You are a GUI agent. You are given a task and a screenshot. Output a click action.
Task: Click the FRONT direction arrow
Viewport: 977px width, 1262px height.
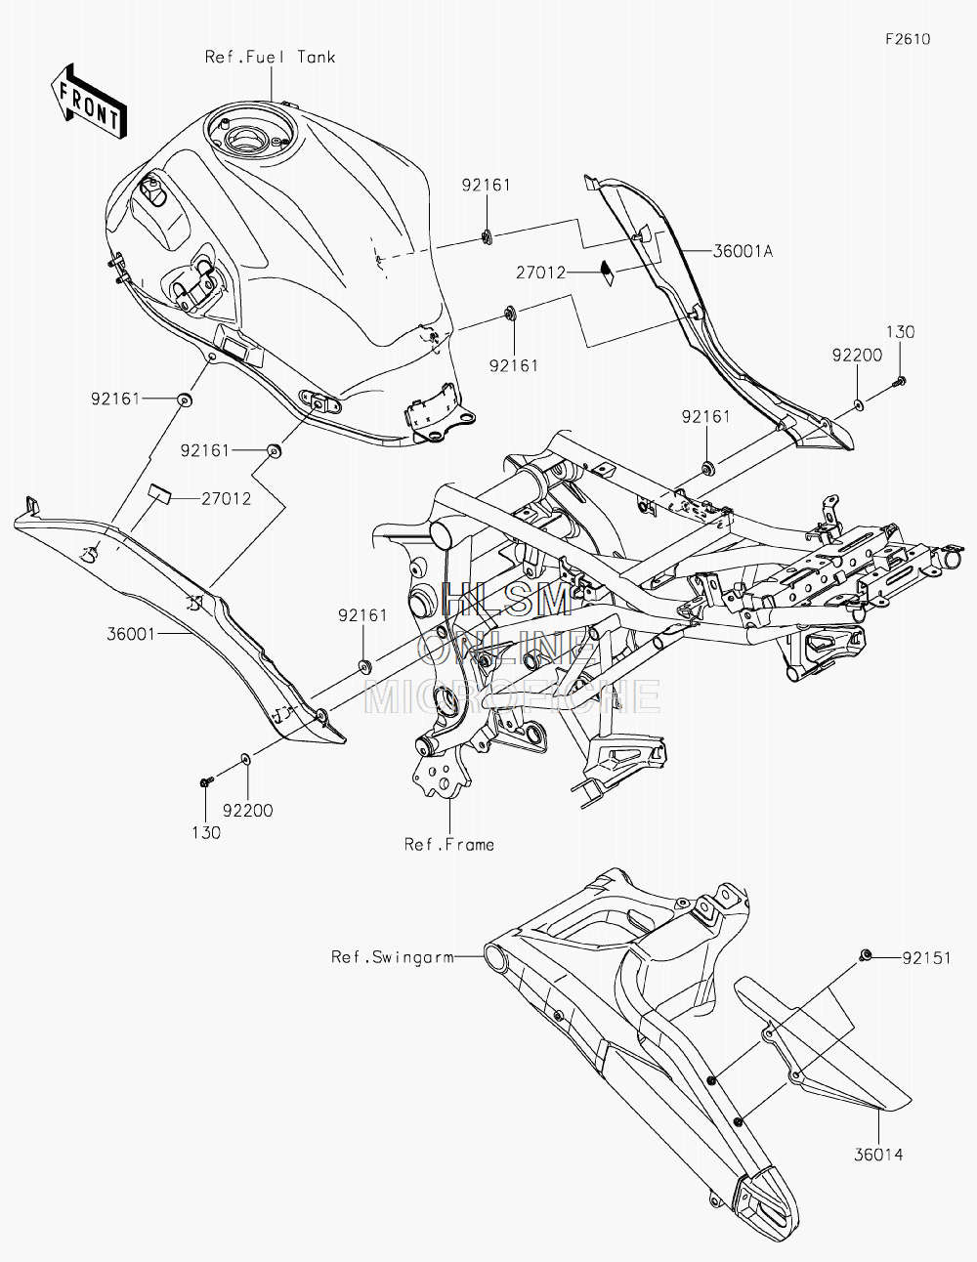88,102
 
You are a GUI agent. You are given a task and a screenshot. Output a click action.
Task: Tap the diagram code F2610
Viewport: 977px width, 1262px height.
908,39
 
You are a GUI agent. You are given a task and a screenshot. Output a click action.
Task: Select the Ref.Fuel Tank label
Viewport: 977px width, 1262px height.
270,57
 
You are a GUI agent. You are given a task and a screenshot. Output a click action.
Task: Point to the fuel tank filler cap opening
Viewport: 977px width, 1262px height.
247,140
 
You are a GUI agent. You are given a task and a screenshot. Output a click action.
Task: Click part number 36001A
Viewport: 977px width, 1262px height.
743,251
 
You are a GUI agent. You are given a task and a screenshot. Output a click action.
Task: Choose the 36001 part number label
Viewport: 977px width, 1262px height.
131,634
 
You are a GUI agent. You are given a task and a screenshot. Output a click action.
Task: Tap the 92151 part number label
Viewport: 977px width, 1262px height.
926,958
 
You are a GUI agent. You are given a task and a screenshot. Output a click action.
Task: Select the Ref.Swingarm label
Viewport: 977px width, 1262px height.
393,957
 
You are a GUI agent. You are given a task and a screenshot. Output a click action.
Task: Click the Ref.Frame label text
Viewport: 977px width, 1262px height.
449,845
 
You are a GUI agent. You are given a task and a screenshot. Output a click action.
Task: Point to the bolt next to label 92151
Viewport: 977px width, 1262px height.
865,954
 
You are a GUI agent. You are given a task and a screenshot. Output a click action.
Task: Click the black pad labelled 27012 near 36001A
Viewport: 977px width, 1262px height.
607,273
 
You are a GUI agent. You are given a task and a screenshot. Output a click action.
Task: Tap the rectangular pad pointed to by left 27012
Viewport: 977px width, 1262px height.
159,493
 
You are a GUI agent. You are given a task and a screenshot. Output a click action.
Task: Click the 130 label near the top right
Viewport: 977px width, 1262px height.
901,332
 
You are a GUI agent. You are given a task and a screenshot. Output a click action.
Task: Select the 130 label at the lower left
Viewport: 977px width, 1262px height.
207,833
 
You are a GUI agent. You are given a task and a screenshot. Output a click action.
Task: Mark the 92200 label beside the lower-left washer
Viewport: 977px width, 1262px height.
248,811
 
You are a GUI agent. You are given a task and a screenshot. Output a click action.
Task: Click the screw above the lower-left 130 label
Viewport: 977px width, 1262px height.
205,782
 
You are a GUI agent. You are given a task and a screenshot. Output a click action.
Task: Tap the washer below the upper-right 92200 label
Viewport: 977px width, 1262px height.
859,402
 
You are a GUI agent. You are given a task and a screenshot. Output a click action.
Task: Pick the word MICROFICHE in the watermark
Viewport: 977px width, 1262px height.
512,695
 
